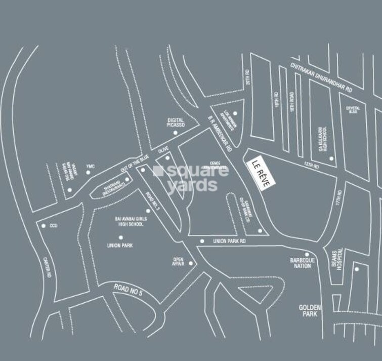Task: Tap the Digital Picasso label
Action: click(x=177, y=122)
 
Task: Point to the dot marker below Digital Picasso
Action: click(x=175, y=133)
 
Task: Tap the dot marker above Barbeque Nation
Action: click(x=306, y=254)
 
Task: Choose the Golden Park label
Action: click(x=308, y=310)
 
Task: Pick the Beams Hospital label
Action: click(x=341, y=260)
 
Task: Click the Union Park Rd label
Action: click(x=229, y=242)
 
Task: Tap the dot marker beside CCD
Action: click(x=44, y=226)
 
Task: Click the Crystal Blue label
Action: click(x=353, y=109)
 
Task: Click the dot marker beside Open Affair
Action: click(x=191, y=263)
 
